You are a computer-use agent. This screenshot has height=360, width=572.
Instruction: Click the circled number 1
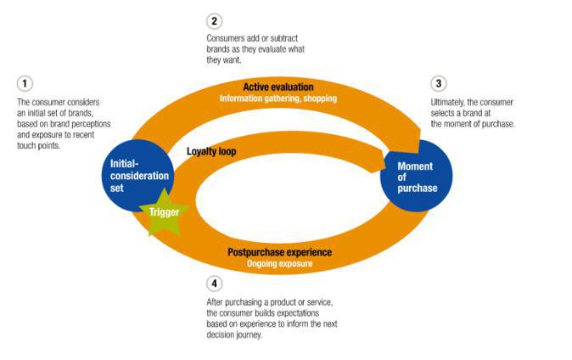(x=25, y=83)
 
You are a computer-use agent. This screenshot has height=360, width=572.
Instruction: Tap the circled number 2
(x=214, y=20)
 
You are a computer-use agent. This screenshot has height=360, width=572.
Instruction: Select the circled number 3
(x=438, y=83)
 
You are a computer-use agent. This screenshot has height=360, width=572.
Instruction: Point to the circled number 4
(x=214, y=284)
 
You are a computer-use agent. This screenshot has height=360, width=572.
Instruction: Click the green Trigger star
(x=164, y=211)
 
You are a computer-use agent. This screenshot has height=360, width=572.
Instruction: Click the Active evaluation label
(x=278, y=87)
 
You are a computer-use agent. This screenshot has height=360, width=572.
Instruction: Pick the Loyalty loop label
(x=211, y=152)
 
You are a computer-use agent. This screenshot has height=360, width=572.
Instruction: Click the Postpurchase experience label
(x=279, y=252)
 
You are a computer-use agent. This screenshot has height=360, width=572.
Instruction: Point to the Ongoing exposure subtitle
(x=279, y=264)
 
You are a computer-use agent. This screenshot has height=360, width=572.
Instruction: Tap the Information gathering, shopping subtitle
(x=278, y=98)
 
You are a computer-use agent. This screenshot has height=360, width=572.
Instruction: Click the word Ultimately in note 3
(x=451, y=103)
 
